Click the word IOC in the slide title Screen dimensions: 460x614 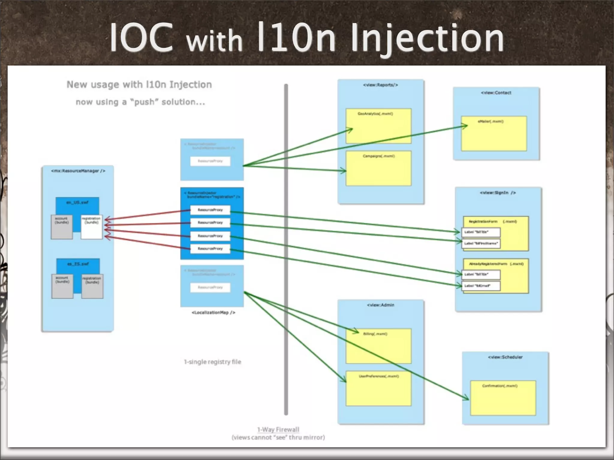[x=141, y=38]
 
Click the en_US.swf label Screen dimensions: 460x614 [x=77, y=202]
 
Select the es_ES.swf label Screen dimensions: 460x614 [x=78, y=264]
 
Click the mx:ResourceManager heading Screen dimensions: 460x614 [x=78, y=171]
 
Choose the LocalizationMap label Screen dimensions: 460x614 [x=213, y=312]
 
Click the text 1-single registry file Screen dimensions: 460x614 [x=213, y=362]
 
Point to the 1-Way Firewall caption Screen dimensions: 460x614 [x=278, y=429]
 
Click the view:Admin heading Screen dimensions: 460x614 [x=380, y=305]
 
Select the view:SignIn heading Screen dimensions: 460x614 [x=498, y=193]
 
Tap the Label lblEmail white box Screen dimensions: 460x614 [x=481, y=286]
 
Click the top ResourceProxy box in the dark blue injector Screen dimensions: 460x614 [x=210, y=210]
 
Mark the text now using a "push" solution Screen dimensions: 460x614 [x=140, y=102]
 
